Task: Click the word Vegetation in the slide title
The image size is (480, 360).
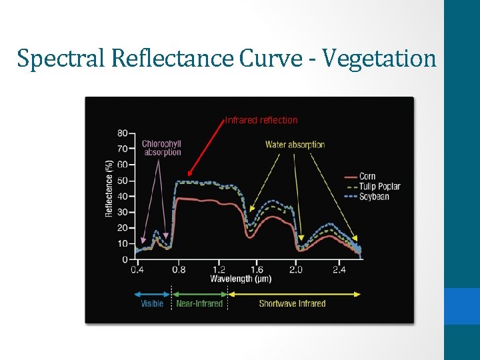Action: coord(380,59)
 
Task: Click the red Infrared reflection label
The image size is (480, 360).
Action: coord(261,121)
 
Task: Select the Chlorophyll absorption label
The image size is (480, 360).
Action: coord(161,148)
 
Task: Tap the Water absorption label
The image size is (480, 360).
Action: coord(295,145)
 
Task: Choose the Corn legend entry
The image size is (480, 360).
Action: coord(367,177)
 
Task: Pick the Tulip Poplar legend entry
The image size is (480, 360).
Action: coord(379,187)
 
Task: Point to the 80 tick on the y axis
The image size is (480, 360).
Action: coord(123,133)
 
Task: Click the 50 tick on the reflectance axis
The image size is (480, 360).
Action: coord(123,181)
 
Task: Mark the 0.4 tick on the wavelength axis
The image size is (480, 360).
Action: coord(137,270)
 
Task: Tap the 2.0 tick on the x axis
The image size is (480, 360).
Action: coord(296,270)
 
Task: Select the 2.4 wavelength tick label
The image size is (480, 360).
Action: coord(339,270)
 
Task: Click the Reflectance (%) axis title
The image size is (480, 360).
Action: coord(109,189)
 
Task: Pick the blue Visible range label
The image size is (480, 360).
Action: coord(152,304)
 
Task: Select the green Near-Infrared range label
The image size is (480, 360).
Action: coord(199,304)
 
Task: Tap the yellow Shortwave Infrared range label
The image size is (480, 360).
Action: coord(292,304)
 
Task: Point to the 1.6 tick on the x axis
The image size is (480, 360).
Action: coord(256,270)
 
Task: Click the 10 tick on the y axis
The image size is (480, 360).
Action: coord(123,244)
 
